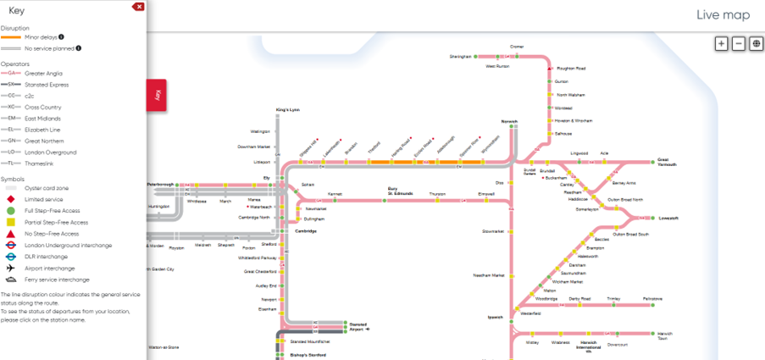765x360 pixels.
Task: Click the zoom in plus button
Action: [x=722, y=43]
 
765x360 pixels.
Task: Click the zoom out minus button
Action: [x=739, y=43]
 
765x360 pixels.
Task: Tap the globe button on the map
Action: [x=756, y=43]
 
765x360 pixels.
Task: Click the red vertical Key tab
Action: [x=157, y=97]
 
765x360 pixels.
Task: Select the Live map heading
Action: [x=723, y=14]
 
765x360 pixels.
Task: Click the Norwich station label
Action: [x=508, y=122]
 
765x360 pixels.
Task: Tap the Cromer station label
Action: [x=517, y=47]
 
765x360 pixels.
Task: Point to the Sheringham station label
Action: [x=460, y=57]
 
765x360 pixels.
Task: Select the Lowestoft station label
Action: [x=668, y=218]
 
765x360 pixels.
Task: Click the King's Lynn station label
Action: [x=288, y=110]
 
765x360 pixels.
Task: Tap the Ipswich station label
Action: [x=496, y=318]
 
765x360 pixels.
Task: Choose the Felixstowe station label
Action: [x=652, y=298]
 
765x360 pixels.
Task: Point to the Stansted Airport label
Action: [x=356, y=325]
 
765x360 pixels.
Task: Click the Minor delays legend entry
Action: [x=41, y=37]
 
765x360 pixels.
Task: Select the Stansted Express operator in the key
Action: [x=47, y=85]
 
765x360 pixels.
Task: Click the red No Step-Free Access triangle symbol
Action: [x=9, y=234]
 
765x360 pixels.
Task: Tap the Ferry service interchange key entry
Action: [x=57, y=279]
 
